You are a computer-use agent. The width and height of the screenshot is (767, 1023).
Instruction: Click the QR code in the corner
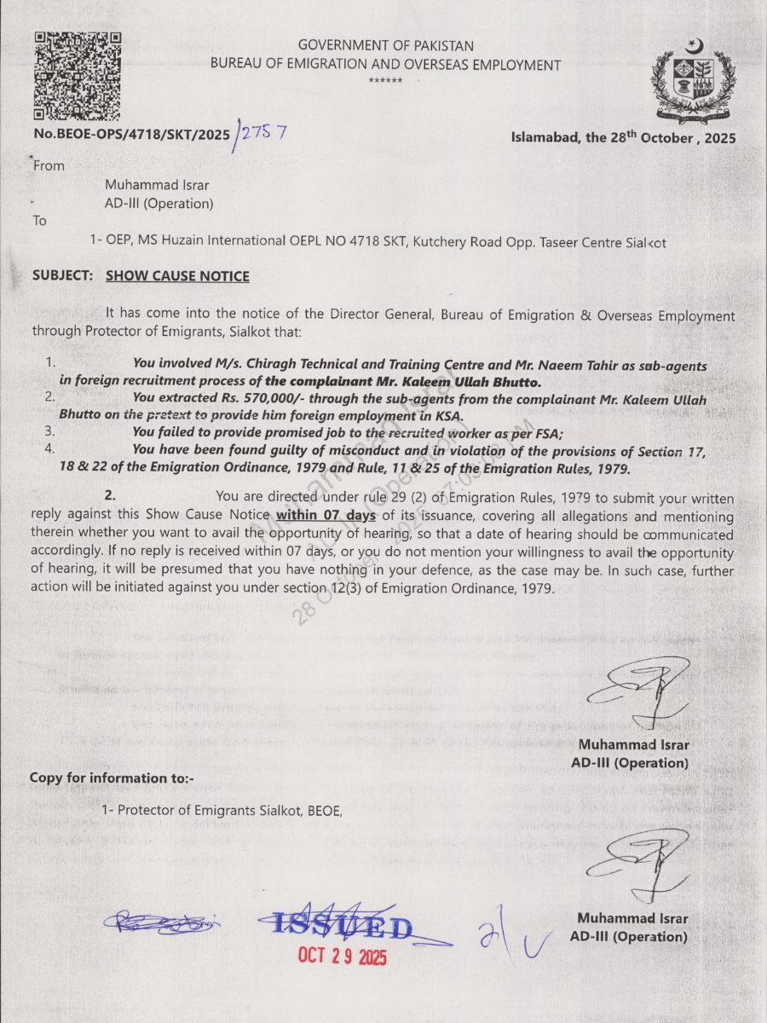[77, 75]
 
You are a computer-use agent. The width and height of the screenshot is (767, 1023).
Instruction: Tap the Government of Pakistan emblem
[693, 81]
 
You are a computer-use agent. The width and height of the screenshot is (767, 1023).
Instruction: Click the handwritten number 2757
[262, 133]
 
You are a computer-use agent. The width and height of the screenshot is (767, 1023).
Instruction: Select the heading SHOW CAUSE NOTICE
[177, 276]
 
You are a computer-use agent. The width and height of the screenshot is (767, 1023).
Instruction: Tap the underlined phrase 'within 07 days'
[326, 516]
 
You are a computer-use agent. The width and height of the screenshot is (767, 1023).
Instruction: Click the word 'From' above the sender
[49, 165]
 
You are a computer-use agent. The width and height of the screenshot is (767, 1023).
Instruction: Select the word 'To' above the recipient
[40, 221]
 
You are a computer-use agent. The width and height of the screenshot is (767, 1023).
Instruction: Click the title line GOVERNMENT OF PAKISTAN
[386, 46]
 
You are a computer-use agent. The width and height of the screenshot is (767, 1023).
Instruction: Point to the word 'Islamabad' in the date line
[545, 137]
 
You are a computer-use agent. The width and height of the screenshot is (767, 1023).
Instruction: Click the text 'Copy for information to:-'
[112, 777]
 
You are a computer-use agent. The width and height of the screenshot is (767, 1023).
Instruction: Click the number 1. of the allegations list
[49, 363]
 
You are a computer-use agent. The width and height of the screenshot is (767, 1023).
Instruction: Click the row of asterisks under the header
[386, 80]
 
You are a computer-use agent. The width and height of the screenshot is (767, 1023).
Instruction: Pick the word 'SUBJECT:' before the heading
[62, 276]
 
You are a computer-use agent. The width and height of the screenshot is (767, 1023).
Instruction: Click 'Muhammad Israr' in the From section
[157, 185]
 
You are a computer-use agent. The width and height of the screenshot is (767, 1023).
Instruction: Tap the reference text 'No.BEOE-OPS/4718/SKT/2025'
[132, 135]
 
